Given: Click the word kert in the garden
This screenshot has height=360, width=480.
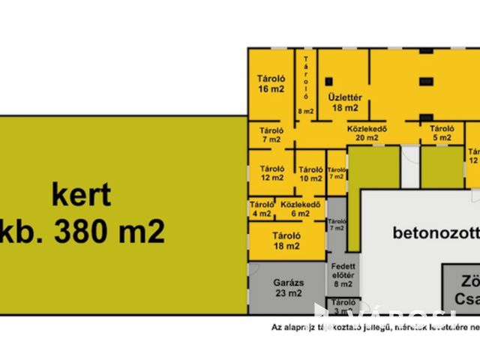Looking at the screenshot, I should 81,195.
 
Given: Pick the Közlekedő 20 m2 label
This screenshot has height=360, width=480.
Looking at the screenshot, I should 366,133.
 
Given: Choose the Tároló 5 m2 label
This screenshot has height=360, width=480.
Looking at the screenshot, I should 442,133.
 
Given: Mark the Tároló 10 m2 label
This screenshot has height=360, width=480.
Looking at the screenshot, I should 310,174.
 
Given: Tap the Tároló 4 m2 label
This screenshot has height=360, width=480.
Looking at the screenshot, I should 262,208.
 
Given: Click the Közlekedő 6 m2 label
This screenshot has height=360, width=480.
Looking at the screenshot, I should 301,208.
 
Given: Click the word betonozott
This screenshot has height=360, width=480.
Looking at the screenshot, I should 435,232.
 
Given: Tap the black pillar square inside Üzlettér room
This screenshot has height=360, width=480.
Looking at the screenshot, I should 329,81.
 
